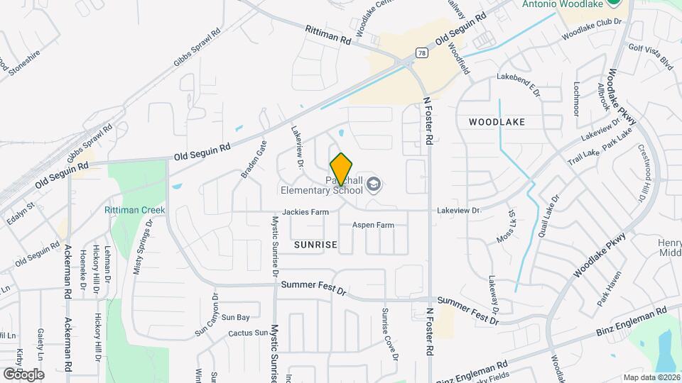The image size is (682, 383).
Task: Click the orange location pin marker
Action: click(x=342, y=169)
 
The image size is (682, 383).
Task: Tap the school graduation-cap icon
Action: click(x=374, y=186)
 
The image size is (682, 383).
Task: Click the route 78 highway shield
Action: click(x=422, y=52)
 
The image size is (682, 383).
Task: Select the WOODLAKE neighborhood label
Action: click(x=497, y=122)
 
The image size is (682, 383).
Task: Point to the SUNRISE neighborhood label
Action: click(x=315, y=245)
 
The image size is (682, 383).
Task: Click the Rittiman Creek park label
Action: click(x=134, y=210)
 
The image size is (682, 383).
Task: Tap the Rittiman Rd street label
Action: click(x=328, y=34)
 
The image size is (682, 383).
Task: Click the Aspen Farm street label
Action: click(x=373, y=225)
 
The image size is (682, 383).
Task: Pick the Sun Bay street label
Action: click(x=235, y=317)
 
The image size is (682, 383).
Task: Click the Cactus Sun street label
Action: click(x=248, y=333)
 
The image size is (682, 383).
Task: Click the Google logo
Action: click(x=23, y=374)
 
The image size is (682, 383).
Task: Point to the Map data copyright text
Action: click(x=651, y=377)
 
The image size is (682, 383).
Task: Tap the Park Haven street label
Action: click(x=610, y=288)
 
